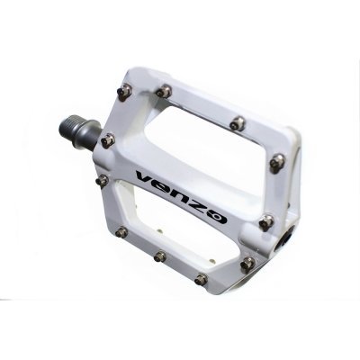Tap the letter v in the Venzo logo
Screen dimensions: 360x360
click(x=146, y=178)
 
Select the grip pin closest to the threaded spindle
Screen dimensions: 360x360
click(x=108, y=140)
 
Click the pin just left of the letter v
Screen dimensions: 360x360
click(x=103, y=181)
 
